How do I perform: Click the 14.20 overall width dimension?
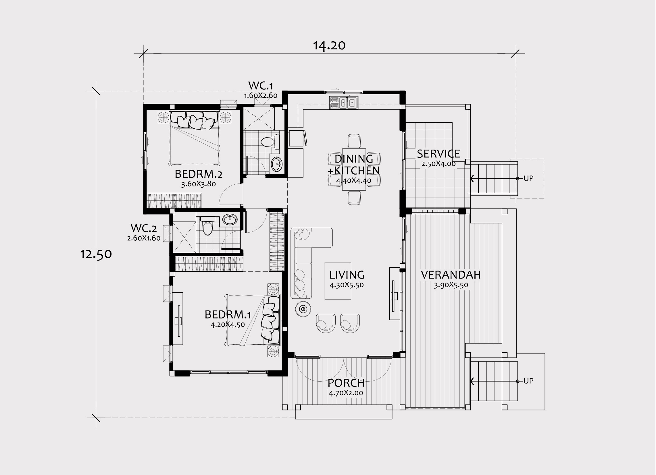(x=329, y=45)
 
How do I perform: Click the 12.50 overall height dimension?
(x=96, y=254)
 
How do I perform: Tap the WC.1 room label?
(x=261, y=86)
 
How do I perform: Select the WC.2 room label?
(x=144, y=228)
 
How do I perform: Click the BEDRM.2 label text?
(x=199, y=174)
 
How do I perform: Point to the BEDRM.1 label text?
(x=228, y=314)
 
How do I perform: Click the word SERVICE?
(x=438, y=154)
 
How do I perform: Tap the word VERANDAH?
(x=451, y=275)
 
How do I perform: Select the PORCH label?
(x=346, y=383)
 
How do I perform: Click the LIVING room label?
(x=347, y=275)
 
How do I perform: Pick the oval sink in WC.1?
(x=277, y=164)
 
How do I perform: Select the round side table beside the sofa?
(x=303, y=309)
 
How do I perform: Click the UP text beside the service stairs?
(x=528, y=178)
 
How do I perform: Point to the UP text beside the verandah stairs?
(x=528, y=381)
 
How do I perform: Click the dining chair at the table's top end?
(x=354, y=141)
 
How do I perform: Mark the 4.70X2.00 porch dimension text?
(x=346, y=393)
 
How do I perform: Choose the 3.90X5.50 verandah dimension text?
(x=451, y=285)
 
